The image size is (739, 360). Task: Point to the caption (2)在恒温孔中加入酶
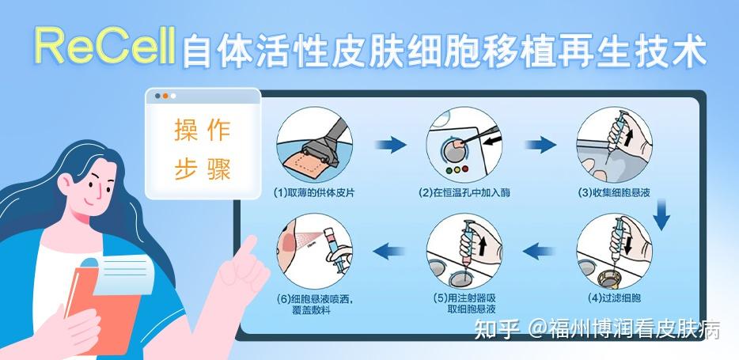coord(464,192)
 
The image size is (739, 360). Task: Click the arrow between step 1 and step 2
coord(389,145)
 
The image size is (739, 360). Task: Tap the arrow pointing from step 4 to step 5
coord(540,252)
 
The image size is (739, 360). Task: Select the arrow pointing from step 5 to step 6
coord(389,252)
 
